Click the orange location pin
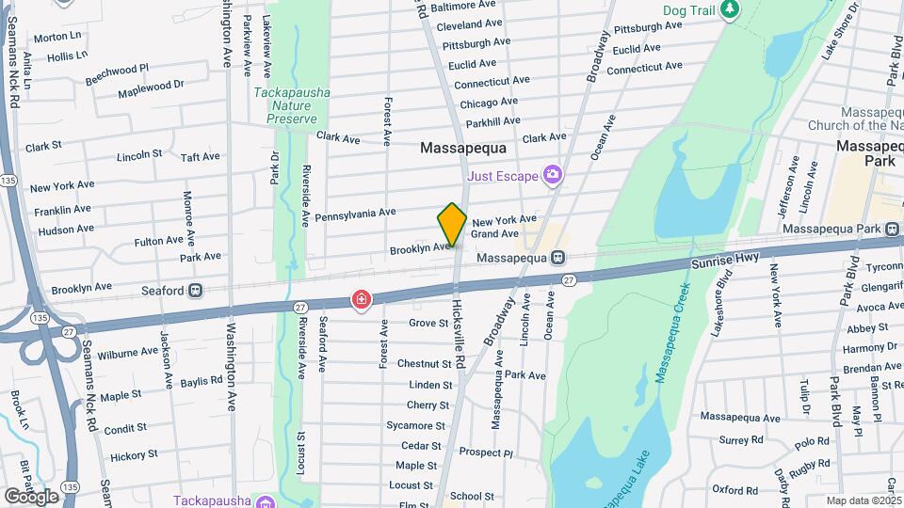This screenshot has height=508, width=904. coord(452,224)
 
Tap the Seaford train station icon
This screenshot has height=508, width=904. coord(196,291)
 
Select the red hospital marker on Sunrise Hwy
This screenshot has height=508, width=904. coord(361,300)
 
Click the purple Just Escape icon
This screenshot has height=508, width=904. coord(553,175)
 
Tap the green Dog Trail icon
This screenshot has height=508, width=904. coord(730,9)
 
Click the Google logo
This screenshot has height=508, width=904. coord(31,496)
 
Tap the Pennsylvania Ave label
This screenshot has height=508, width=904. coord(355,214)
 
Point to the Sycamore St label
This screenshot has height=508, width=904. coord(414,425)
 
